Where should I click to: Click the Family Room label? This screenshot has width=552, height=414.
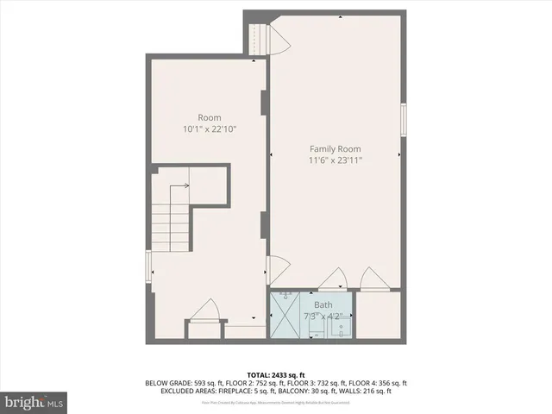click(336, 148)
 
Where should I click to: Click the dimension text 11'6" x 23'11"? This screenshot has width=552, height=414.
click(336, 160)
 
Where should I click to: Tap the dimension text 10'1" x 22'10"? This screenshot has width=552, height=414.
click(210, 129)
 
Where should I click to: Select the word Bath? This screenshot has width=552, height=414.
click(323, 304)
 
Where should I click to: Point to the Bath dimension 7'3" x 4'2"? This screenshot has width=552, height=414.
click(323, 316)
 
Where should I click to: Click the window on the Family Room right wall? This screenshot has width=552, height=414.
click(404, 118)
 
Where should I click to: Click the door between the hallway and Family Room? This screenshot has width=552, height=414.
click(276, 270)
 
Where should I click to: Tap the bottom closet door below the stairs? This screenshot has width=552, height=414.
click(205, 311)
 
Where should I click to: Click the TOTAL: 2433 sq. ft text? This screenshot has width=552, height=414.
click(275, 374)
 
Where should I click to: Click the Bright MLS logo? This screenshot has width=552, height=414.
click(34, 401)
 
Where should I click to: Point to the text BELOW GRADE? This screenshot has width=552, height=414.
click(170, 383)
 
